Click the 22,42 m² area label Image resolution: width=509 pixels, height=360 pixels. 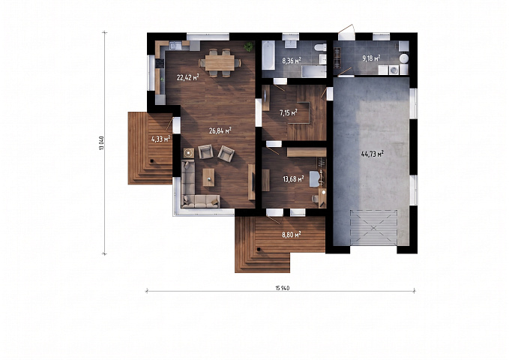pyautogui.click(x=187, y=77)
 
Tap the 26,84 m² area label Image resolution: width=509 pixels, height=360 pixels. pyautogui.click(x=220, y=130)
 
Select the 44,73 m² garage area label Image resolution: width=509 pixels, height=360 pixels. pyautogui.click(x=373, y=153)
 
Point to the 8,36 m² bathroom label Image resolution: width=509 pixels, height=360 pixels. pyautogui.click(x=292, y=61)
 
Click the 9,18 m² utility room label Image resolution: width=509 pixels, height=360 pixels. pyautogui.click(x=371, y=58)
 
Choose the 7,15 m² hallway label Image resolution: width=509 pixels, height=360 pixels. pyautogui.click(x=289, y=112)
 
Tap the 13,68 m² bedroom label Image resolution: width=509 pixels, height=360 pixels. pyautogui.click(x=293, y=178)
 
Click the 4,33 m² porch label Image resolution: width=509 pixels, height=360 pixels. pyautogui.click(x=160, y=139)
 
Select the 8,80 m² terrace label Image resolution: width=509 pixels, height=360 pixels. pyautogui.click(x=291, y=234)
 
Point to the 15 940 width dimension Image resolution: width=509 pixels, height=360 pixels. pyautogui.click(x=283, y=288)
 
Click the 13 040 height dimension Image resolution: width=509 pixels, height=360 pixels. pyautogui.click(x=102, y=143)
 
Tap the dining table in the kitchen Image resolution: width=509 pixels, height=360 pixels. pyautogui.click(x=220, y=62)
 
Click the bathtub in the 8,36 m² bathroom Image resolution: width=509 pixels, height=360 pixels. pyautogui.click(x=268, y=55)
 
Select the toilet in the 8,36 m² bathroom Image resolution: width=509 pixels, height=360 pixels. pyautogui.click(x=320, y=47)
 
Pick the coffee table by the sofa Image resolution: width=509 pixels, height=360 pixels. pyautogui.click(x=208, y=178)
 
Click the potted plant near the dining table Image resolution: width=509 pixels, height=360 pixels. pyautogui.click(x=249, y=46)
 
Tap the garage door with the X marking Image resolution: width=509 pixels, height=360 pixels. pyautogui.click(x=373, y=227)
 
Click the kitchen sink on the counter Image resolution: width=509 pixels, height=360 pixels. pyautogui.click(x=175, y=46)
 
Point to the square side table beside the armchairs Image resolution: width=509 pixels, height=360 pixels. pyautogui.click(x=189, y=153)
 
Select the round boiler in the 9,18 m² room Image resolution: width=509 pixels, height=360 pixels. pyautogui.click(x=403, y=58)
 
